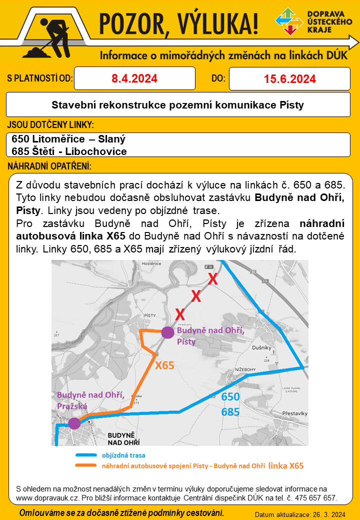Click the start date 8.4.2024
click(134, 78)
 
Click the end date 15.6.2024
click(289, 79)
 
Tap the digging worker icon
click(49, 33)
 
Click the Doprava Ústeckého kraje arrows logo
click(289, 21)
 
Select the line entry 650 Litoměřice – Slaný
click(68, 139)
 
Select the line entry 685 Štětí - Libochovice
click(69, 151)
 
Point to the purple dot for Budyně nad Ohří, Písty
click(167, 332)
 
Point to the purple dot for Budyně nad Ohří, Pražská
click(74, 423)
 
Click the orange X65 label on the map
click(164, 365)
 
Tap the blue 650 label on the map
click(230, 397)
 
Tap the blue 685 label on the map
click(230, 412)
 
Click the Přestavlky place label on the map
click(293, 413)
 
